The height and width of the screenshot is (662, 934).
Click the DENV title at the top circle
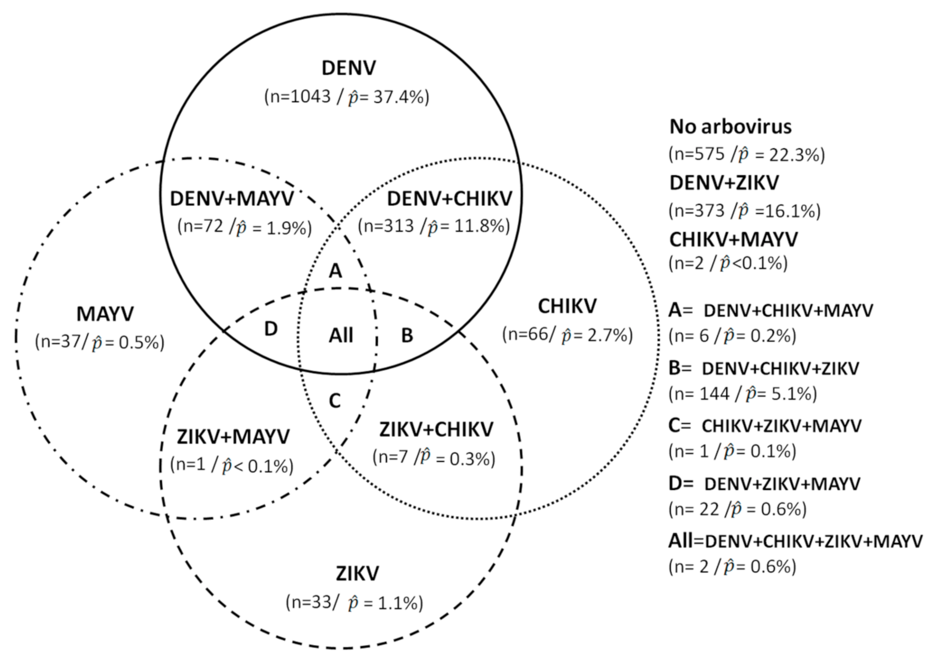tap(348, 68)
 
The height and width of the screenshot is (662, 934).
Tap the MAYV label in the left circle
tap(105, 314)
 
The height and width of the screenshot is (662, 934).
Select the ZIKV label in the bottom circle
tap(357, 574)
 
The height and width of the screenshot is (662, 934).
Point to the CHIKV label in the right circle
tap(567, 306)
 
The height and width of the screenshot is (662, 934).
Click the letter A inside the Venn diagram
tap(336, 271)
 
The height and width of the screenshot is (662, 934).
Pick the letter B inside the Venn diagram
tap(407, 336)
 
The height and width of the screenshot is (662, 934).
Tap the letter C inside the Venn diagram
tap(335, 401)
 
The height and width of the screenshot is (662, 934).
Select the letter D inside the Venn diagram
tap(270, 329)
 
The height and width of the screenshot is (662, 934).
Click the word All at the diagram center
tap(341, 335)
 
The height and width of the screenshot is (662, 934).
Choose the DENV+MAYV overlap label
tap(232, 198)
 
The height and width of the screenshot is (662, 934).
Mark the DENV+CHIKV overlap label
tap(450, 198)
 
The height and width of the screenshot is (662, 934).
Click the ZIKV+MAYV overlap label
tap(233, 437)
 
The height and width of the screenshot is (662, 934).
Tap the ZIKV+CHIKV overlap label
tap(436, 429)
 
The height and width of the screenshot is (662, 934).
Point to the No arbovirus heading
tap(730, 127)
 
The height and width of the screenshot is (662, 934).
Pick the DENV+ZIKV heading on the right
tap(724, 183)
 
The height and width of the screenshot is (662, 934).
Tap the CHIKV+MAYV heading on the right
tap(733, 239)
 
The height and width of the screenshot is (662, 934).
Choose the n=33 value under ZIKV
tap(312, 602)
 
